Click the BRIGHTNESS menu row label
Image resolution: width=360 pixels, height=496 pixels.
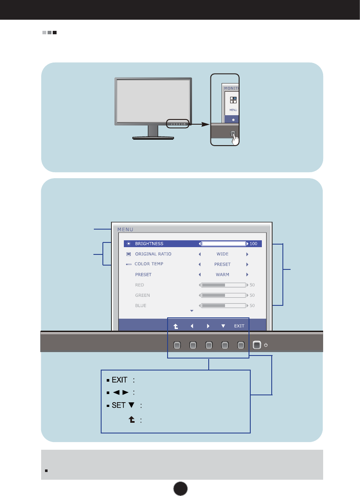point(149,244)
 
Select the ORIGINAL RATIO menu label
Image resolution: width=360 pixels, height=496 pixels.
point(153,254)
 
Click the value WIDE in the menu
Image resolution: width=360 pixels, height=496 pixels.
point(222,254)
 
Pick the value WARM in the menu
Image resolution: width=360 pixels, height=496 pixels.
point(222,275)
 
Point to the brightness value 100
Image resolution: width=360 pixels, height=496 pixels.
point(254,244)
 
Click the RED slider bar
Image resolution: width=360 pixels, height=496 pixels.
point(223,285)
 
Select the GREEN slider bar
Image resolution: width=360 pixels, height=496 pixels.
point(223,295)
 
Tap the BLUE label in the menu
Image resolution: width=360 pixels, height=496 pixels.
point(141,305)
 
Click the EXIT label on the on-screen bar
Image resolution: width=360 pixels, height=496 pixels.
point(239,326)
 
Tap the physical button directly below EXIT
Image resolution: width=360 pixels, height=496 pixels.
point(241,344)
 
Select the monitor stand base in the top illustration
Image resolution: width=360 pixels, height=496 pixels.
point(153,138)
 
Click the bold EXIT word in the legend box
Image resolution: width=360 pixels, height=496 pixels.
point(120,380)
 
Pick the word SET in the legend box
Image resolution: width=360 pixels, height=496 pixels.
point(118,405)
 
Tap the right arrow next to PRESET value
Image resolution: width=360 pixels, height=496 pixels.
point(247,264)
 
